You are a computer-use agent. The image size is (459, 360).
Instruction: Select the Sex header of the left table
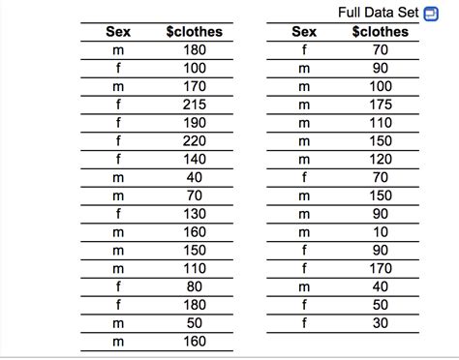(x=117, y=32)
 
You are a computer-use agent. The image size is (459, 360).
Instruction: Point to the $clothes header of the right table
(x=380, y=32)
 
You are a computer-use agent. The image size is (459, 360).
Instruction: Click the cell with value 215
(x=195, y=104)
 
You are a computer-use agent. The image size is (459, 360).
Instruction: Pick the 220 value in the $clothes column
(x=195, y=139)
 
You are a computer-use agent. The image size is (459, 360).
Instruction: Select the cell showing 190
(x=195, y=122)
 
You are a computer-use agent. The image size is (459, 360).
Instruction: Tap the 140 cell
(x=195, y=158)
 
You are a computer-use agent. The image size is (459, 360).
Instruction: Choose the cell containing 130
(x=195, y=213)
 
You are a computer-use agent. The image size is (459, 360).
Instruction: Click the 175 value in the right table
(x=380, y=104)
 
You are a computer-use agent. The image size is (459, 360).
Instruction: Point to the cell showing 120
(x=380, y=158)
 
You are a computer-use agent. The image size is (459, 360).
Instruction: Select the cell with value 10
(x=380, y=231)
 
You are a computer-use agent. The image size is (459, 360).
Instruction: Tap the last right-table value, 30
(x=380, y=322)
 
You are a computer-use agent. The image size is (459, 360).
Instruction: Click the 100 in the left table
(x=195, y=68)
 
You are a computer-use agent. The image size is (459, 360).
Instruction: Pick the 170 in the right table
(x=380, y=267)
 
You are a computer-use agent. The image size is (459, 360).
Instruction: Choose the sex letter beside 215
(x=117, y=104)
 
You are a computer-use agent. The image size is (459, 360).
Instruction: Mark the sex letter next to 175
(x=304, y=104)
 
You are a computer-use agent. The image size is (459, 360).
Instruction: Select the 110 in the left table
(x=195, y=267)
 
